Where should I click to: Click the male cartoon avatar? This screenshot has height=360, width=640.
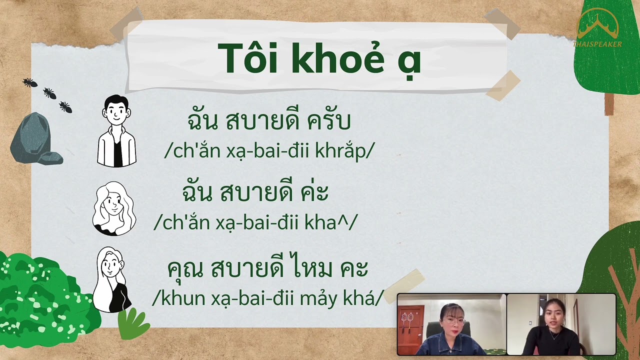pos(116,131)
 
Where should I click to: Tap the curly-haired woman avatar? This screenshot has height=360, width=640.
pos(114,208)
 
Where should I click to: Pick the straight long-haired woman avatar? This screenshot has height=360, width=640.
pos(112,280)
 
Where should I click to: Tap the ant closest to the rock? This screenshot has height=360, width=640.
pos(65,107)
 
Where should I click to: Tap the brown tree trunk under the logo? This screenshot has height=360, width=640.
pos(608,104)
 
